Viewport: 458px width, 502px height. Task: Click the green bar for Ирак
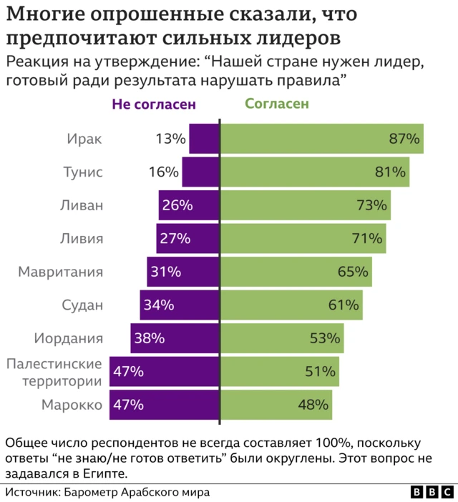coord(322,139)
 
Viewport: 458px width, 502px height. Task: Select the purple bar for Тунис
coord(200,172)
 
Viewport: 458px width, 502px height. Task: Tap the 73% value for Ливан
coord(372,205)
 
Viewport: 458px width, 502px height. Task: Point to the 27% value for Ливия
coord(174,238)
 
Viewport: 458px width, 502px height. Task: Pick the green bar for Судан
coord(291,305)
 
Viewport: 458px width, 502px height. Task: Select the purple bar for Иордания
coord(175,338)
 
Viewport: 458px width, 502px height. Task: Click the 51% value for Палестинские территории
coord(320,371)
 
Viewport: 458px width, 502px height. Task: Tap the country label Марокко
coord(72,404)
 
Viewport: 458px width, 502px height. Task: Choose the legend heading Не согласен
coord(154,104)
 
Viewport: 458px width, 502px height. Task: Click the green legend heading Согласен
coord(277,104)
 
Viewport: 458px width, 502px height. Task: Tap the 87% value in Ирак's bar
coord(404,139)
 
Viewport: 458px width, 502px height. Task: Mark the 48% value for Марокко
coord(313,405)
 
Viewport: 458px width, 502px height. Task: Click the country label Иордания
coord(69,338)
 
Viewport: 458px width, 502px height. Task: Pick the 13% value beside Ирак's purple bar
coord(170,139)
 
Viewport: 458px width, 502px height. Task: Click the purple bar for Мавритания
coord(183,272)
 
